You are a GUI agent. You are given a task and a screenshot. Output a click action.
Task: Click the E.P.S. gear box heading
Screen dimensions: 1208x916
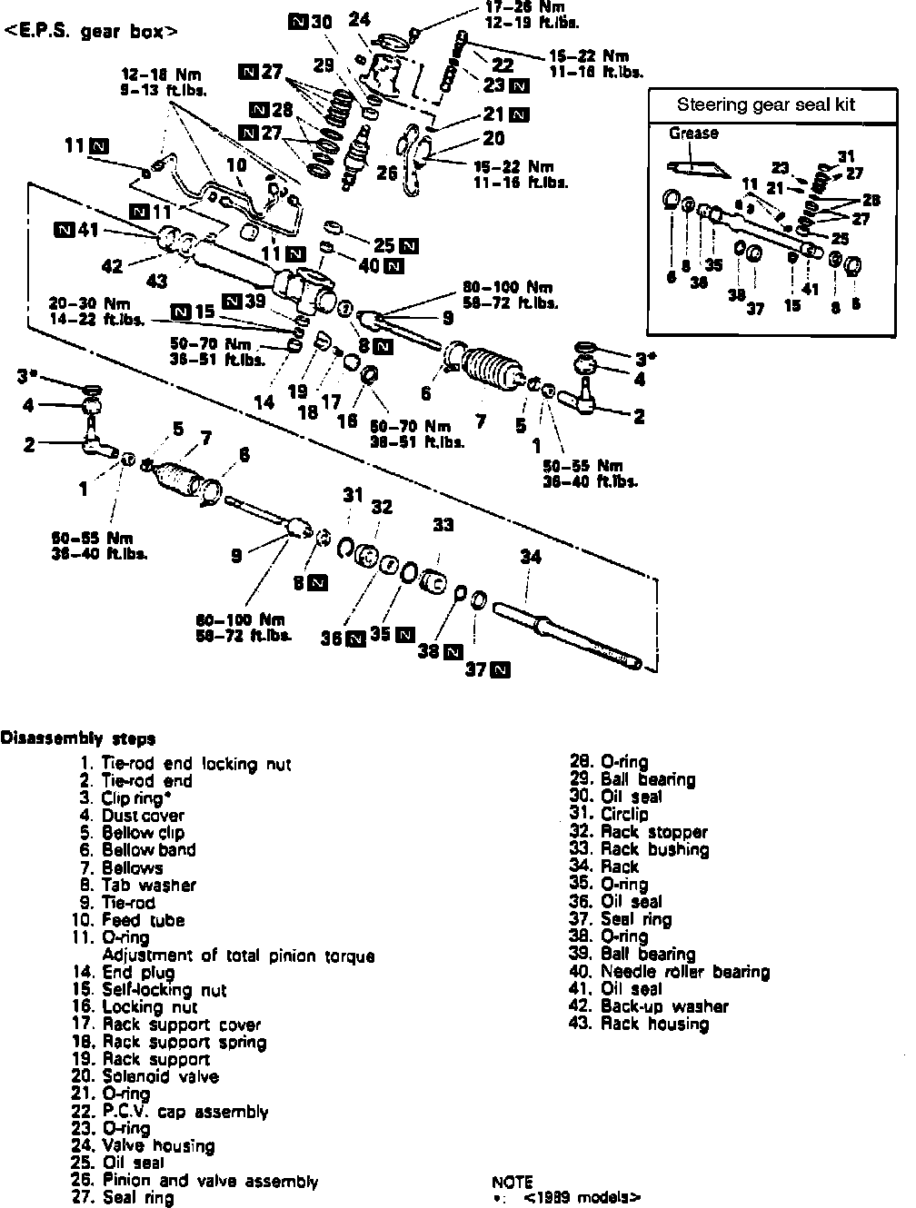[x=91, y=32]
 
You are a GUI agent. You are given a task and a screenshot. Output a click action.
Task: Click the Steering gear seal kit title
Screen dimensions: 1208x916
[x=765, y=104]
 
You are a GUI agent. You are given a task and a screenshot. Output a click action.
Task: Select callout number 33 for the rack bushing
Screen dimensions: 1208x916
[x=443, y=525]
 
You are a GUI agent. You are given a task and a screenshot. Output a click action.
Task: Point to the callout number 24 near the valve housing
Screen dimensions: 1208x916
[x=359, y=18]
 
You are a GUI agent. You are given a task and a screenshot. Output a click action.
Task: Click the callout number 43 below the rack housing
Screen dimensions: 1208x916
[x=156, y=282]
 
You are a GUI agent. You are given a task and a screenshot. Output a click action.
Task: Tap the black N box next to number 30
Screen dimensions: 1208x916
[x=296, y=21]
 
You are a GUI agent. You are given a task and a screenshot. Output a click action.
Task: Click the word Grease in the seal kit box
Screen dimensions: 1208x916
[x=693, y=134]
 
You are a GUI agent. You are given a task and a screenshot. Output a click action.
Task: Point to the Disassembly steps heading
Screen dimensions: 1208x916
[x=78, y=738]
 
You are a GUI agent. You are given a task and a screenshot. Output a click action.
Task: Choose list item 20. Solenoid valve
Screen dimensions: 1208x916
[x=146, y=1077]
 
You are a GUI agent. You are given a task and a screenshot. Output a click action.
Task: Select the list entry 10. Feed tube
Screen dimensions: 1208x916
[x=131, y=920]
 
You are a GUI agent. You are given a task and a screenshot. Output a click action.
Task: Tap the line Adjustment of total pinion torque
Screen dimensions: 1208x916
[x=238, y=956]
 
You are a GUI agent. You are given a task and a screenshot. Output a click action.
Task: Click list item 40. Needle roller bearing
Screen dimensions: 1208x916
[x=671, y=972]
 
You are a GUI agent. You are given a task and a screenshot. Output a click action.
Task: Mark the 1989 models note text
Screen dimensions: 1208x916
[x=582, y=1198]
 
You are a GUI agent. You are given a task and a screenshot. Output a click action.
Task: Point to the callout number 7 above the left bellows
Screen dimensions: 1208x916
[x=206, y=440]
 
